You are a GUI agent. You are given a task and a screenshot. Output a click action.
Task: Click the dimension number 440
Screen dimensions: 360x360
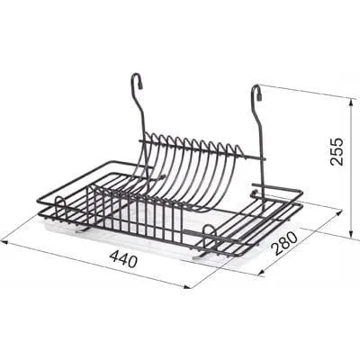pos(123,258)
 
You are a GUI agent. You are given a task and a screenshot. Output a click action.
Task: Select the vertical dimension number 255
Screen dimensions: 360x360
pos(336,151)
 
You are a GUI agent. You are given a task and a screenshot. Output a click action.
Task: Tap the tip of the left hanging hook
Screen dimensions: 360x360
pos(140,87)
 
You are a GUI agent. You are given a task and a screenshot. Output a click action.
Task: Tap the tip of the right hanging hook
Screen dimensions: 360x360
pos(260,98)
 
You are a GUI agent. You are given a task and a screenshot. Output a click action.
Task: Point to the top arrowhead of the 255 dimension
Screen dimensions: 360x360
pos(350,101)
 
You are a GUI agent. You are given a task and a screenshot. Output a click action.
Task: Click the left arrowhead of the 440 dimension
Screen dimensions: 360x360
pos(4,240)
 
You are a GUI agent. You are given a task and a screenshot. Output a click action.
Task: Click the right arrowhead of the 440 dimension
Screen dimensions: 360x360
pos(187,287)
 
